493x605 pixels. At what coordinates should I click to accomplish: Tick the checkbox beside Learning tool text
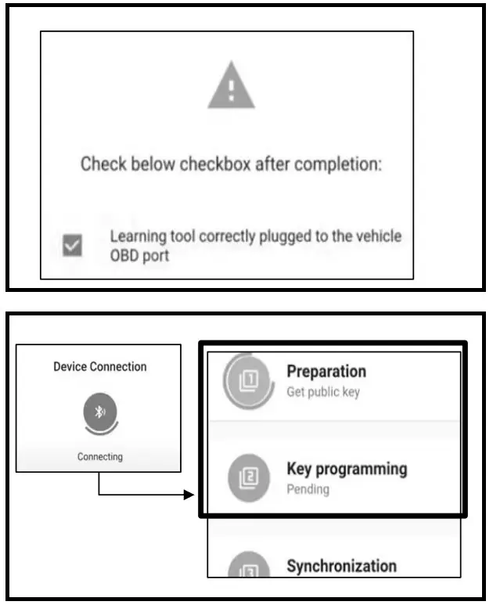[72, 246]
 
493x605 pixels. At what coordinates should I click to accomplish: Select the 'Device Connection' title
[99, 366]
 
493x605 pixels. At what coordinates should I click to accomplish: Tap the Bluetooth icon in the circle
[99, 413]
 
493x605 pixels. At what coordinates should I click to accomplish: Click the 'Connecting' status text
[99, 457]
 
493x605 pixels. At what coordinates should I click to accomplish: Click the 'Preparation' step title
[326, 371]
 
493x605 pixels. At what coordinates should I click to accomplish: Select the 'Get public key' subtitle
[322, 391]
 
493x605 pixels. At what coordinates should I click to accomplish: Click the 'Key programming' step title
[347, 469]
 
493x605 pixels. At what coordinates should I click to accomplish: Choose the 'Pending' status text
[308, 490]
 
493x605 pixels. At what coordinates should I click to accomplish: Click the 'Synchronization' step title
[341, 566]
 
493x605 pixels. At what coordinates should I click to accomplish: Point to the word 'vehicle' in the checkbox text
[377, 236]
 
